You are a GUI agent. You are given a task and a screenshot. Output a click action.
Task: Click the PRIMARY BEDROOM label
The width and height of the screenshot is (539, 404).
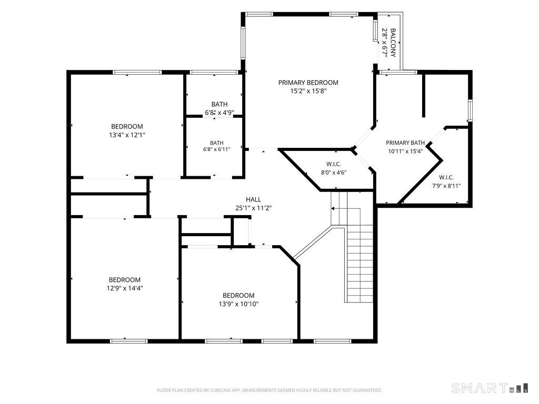click(308, 83)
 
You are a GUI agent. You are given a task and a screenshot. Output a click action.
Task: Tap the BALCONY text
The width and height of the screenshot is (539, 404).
click(393, 43)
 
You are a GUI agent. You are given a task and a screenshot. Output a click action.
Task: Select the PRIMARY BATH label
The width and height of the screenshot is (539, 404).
click(405, 143)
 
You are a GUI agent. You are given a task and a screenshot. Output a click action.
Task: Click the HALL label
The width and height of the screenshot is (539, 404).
click(253, 199)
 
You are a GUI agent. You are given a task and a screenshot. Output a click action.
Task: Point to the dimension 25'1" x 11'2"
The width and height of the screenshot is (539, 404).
click(254, 208)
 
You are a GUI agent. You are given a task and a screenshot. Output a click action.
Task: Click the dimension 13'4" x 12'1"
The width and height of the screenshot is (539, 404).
click(127, 135)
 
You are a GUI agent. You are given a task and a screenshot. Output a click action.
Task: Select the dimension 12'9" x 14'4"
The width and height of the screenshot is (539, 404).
click(125, 288)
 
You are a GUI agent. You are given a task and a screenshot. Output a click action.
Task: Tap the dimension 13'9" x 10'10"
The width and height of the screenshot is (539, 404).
click(238, 304)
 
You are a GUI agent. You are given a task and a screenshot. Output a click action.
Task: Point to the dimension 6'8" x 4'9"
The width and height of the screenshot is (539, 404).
click(219, 113)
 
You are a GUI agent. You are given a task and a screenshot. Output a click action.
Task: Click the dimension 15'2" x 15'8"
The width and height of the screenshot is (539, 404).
click(308, 91)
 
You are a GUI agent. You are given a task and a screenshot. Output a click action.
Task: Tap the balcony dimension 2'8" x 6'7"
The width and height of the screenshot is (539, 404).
click(385, 43)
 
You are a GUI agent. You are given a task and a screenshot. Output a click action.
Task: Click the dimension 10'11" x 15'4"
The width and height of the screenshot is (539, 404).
click(405, 151)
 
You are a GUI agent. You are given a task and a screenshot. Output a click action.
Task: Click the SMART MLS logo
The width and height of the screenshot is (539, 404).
click(490, 388)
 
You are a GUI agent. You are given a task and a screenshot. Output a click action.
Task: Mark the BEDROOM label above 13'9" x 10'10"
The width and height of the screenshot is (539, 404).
click(238, 296)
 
